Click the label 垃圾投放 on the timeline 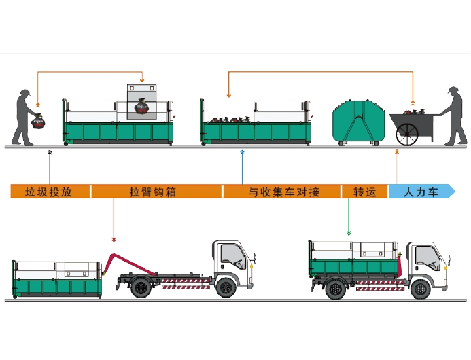48,192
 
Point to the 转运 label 364,192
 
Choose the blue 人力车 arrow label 421,192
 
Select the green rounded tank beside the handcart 357,121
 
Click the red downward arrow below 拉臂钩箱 114,238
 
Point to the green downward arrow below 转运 349,232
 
